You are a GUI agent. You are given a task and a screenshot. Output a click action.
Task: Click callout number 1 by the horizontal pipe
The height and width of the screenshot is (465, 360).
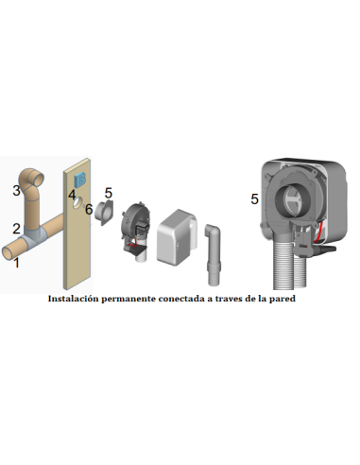(x=15, y=265)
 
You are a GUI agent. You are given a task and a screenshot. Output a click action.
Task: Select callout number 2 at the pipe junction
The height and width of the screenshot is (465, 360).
(x=16, y=228)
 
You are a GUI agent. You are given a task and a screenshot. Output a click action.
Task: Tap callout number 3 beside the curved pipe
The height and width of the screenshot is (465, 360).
(x=16, y=190)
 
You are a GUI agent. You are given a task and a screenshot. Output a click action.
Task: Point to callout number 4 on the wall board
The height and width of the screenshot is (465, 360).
(x=71, y=195)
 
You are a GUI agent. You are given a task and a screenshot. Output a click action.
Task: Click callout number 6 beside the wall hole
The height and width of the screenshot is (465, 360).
(x=89, y=209)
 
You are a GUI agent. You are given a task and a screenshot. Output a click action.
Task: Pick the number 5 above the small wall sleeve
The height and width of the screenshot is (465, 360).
(x=108, y=193)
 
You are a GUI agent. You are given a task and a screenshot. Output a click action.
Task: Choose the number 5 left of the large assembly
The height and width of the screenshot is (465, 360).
(x=254, y=198)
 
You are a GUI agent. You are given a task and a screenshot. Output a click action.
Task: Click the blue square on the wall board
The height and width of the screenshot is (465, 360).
(x=80, y=180)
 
